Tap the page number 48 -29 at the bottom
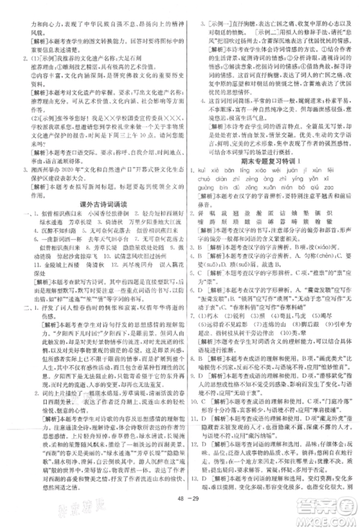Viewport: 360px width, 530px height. click(186, 516)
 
